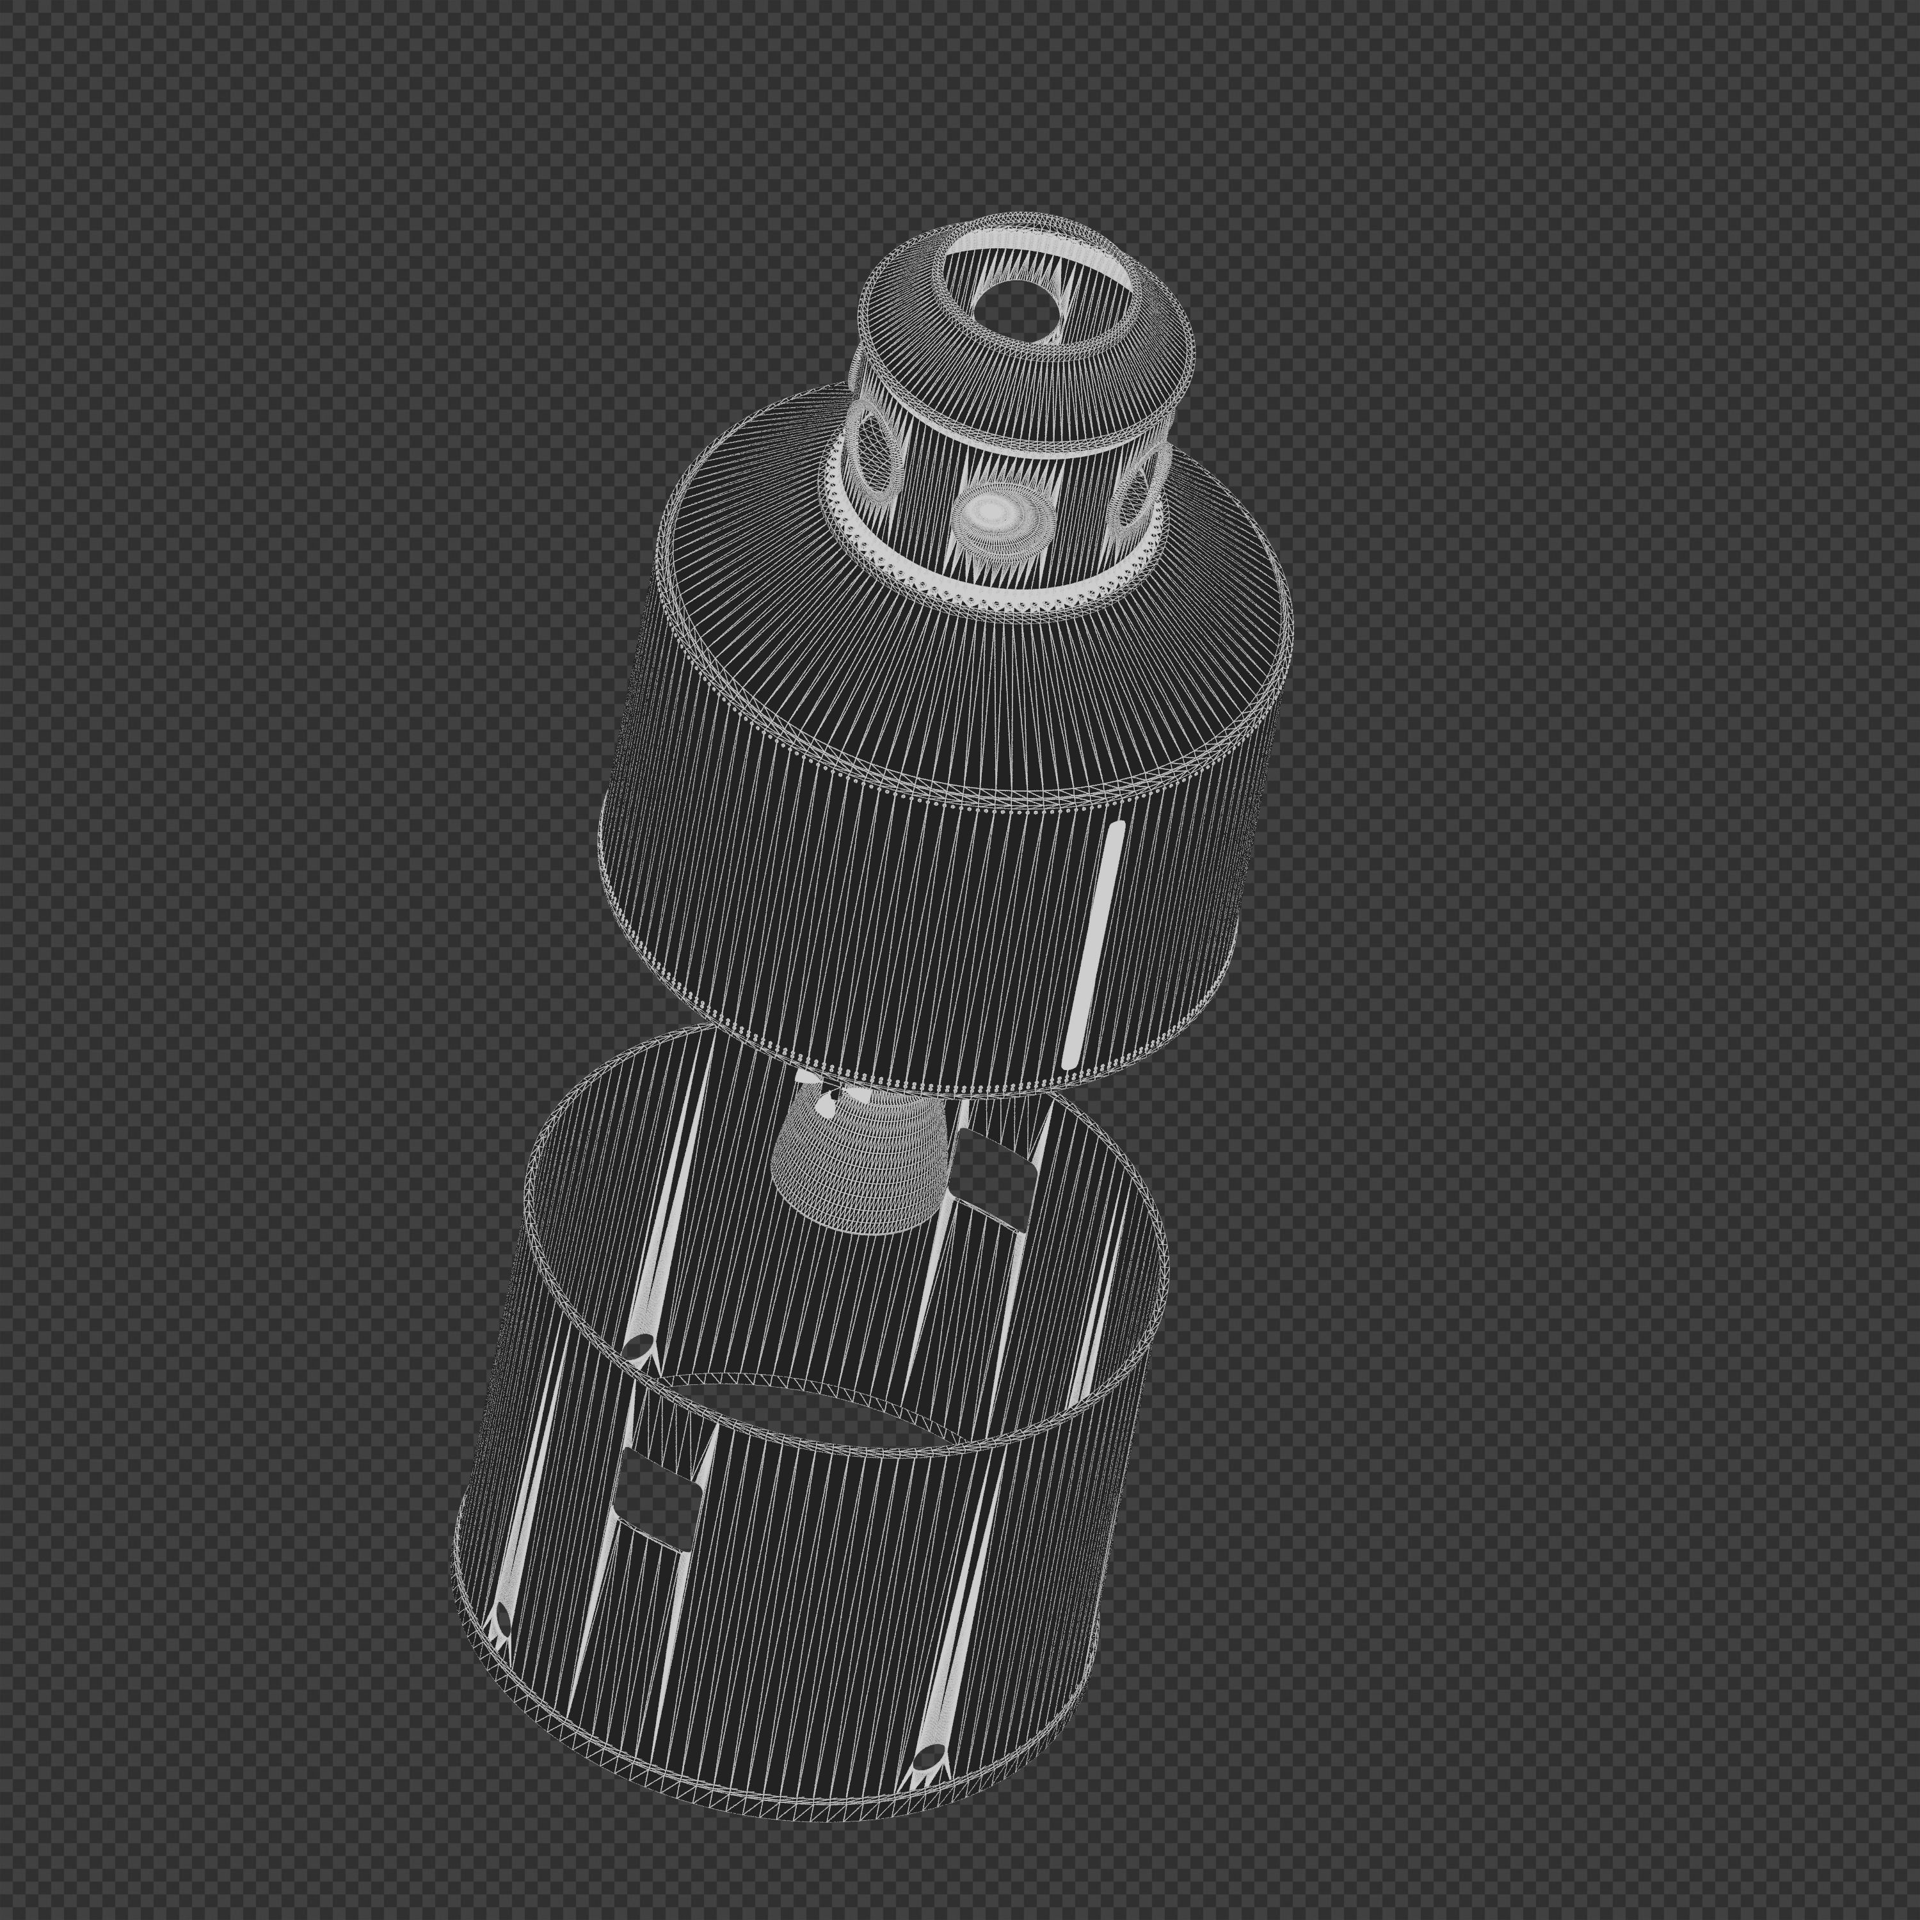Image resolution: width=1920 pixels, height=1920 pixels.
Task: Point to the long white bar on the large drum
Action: tap(1093, 944)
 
